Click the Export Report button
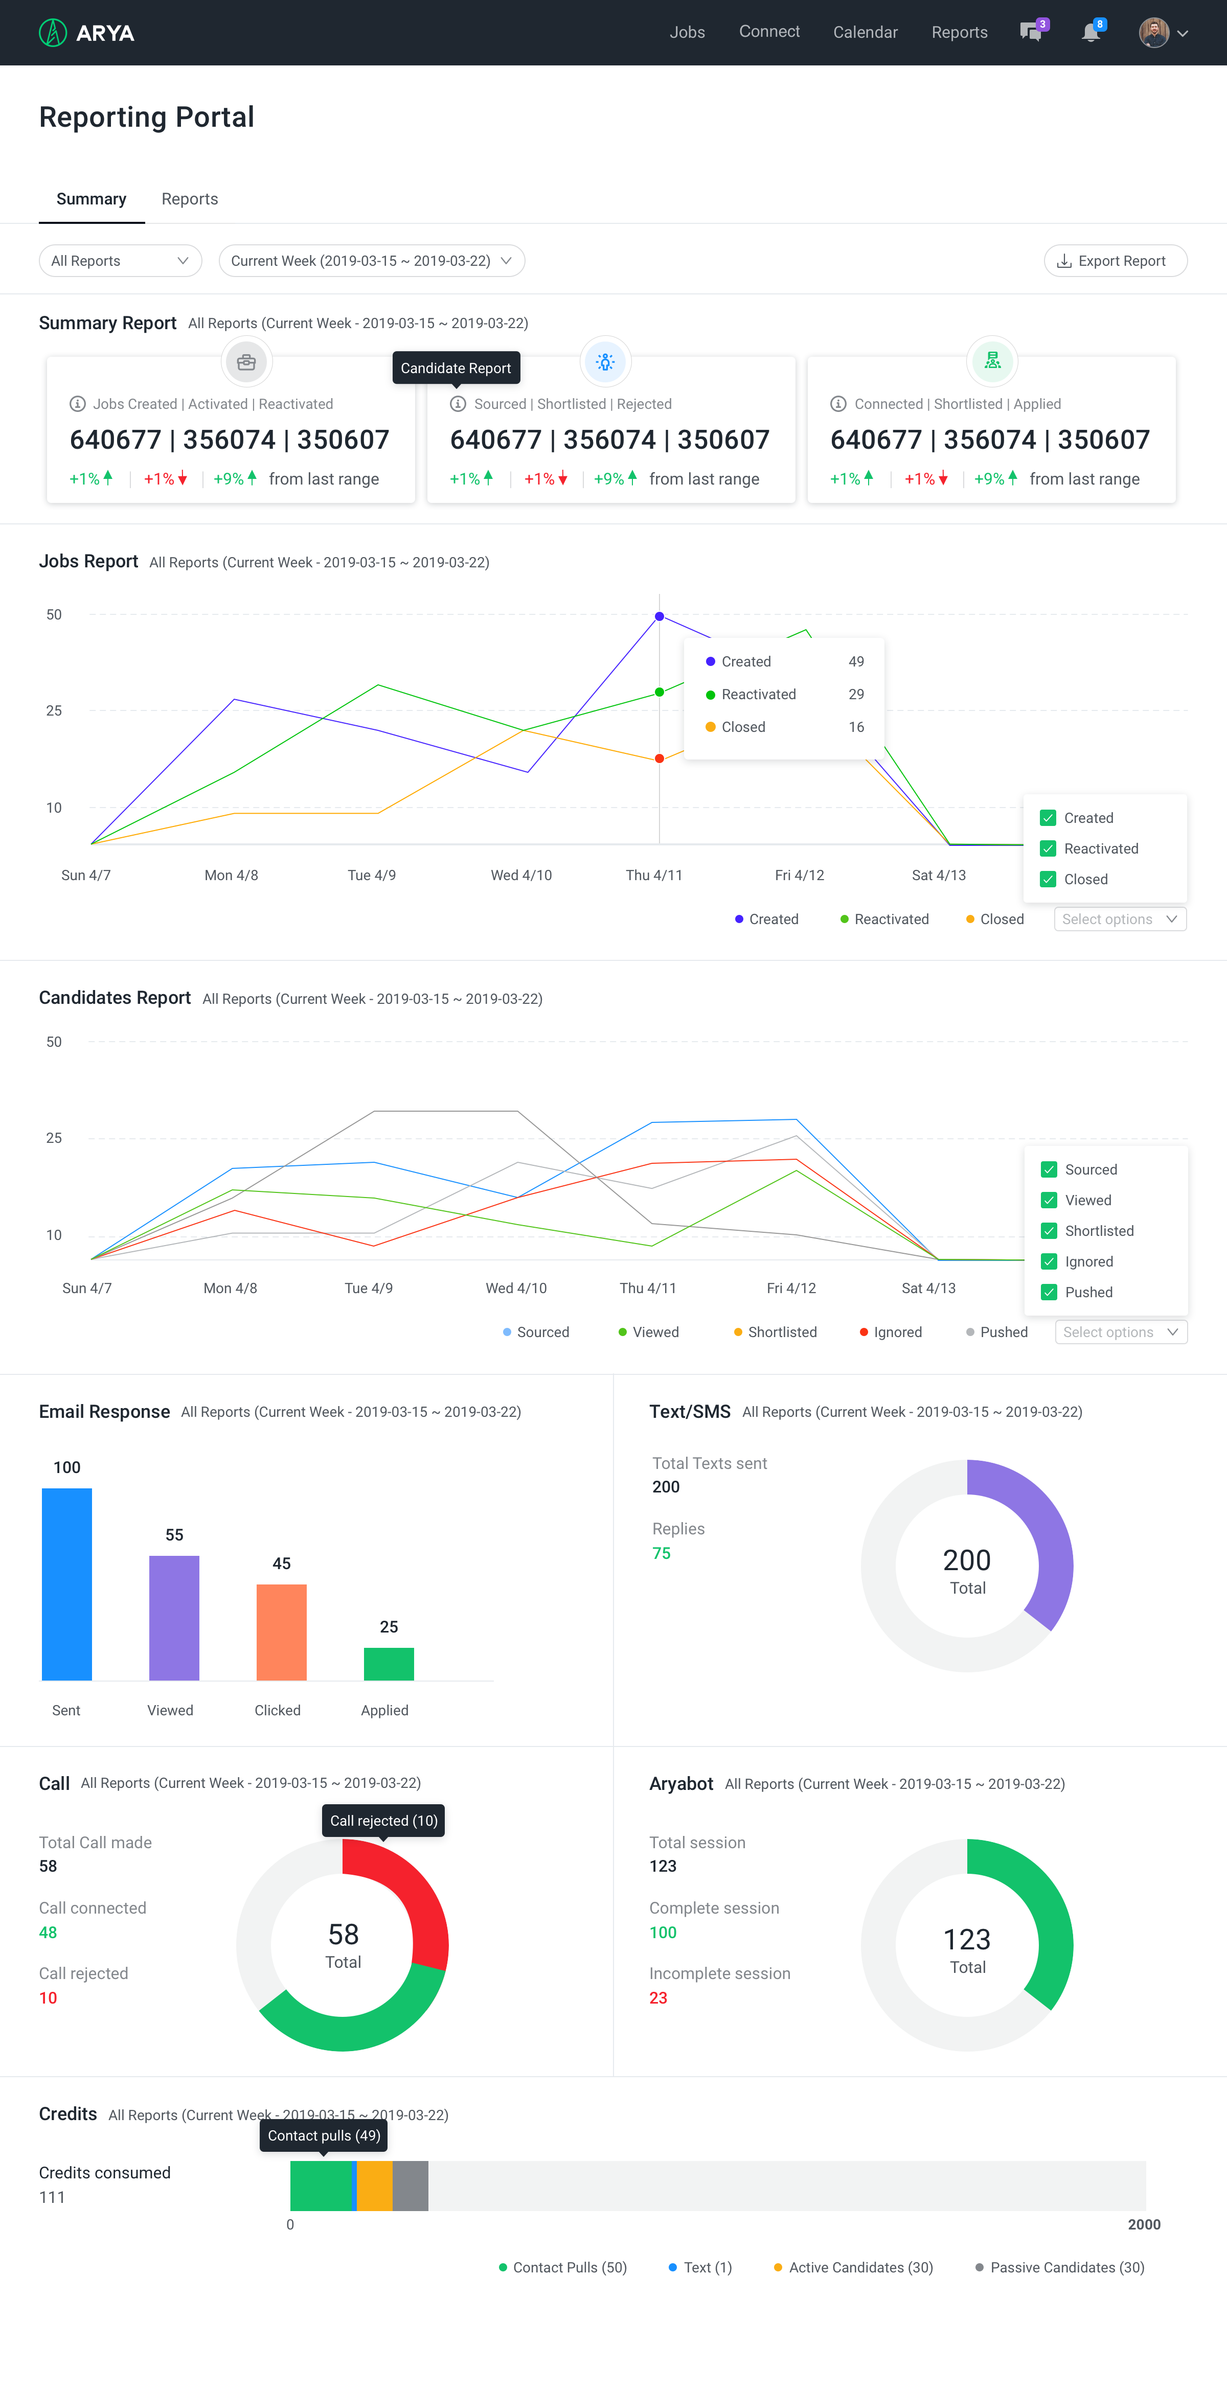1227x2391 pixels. pos(1115,261)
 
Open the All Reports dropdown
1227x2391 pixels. pos(120,261)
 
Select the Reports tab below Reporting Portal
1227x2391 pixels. pos(189,199)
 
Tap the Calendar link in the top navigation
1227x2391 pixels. pos(865,33)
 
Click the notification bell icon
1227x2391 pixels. pos(1090,33)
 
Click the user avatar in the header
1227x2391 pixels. pos(1154,33)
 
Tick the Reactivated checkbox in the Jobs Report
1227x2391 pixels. pos(1048,848)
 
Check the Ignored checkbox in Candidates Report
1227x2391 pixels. pos(1049,1261)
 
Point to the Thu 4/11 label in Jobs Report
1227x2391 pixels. pos(653,875)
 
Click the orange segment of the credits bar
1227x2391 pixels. pos(375,2186)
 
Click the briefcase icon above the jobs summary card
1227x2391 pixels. pos(246,362)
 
